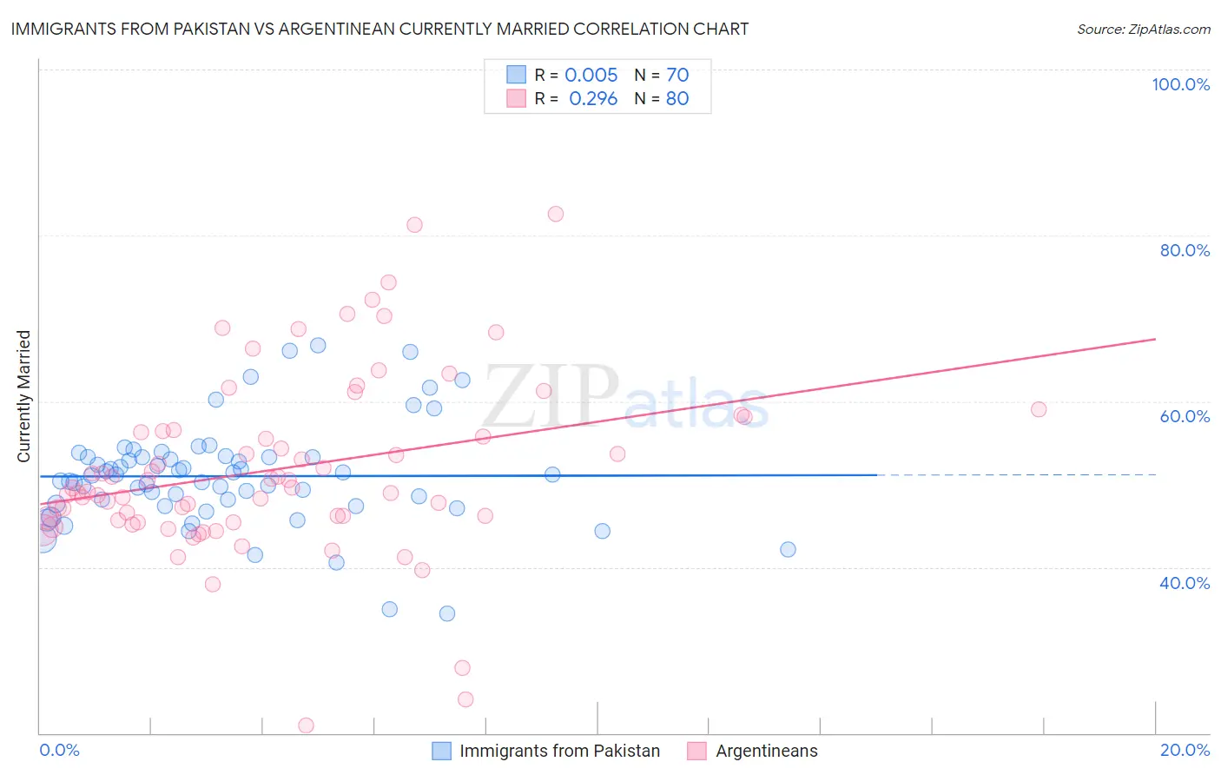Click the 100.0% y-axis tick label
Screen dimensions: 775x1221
pos(1180,84)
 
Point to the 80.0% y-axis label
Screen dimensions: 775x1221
pos(1185,250)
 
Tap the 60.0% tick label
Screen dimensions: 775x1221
pos(1185,416)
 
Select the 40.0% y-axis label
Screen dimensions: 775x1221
pos(1185,583)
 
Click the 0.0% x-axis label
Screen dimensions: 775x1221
pos(59,750)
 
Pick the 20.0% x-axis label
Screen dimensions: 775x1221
pos(1185,750)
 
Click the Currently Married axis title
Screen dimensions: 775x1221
pos(23,396)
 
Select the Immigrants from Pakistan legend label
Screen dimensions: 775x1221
pos(559,751)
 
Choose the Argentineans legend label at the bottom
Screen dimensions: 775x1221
pos(766,751)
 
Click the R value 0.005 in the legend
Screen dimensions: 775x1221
pos(591,75)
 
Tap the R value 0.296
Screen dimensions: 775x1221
pos(593,98)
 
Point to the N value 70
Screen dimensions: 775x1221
pos(677,75)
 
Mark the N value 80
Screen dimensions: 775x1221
pos(677,98)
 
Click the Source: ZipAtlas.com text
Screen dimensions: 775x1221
pos(1143,29)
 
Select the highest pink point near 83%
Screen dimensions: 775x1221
pos(556,214)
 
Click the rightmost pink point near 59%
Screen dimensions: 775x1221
pos(1039,409)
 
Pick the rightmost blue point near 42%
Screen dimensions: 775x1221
pos(788,549)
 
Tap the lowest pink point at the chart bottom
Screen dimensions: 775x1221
pos(306,725)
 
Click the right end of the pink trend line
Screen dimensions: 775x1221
pos(1155,339)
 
